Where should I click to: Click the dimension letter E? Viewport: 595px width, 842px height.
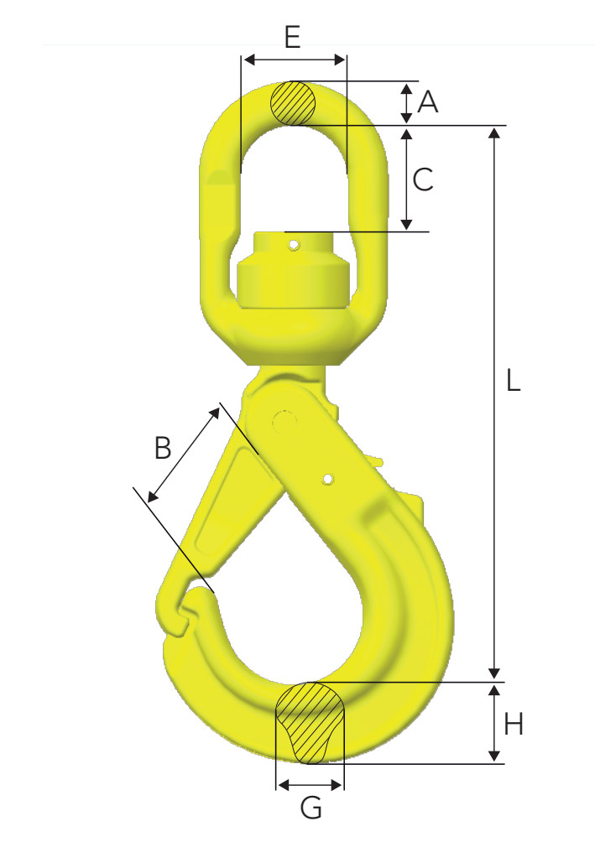click(x=292, y=38)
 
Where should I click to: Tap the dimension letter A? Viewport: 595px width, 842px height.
click(x=428, y=102)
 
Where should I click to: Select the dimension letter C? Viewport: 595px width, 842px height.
click(x=424, y=179)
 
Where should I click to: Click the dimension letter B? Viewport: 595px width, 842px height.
click(x=163, y=447)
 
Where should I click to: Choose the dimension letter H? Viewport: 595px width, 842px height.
click(x=514, y=723)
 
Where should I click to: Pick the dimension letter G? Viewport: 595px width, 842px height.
click(x=311, y=809)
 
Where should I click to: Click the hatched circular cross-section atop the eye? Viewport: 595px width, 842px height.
click(x=293, y=103)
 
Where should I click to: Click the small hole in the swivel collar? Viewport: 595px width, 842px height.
click(x=293, y=245)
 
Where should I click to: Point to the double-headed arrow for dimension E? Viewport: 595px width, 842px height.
click(x=293, y=60)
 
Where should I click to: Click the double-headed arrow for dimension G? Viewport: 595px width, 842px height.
click(x=310, y=785)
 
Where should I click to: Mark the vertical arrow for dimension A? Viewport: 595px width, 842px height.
click(x=406, y=102)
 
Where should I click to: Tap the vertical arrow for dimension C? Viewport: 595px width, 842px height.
click(x=406, y=179)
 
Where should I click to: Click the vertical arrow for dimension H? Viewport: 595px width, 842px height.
click(x=494, y=723)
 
